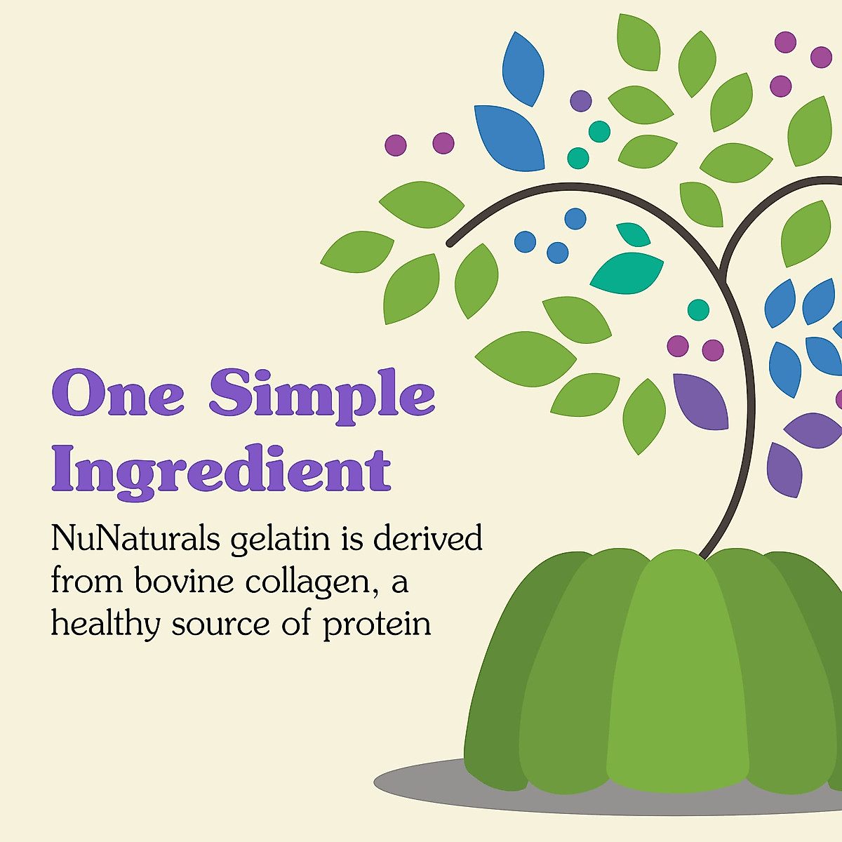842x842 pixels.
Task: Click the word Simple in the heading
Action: point(322,395)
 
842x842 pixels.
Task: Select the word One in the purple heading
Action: point(118,394)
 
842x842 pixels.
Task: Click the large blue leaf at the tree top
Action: point(509,137)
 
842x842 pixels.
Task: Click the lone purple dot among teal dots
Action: point(581,101)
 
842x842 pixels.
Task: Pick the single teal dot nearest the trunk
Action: point(698,309)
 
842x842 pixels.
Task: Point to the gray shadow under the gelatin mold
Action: point(421,782)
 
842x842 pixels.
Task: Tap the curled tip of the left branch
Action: point(450,243)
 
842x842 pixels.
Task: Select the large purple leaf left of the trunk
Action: point(700,401)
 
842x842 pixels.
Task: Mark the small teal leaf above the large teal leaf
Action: point(634,234)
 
